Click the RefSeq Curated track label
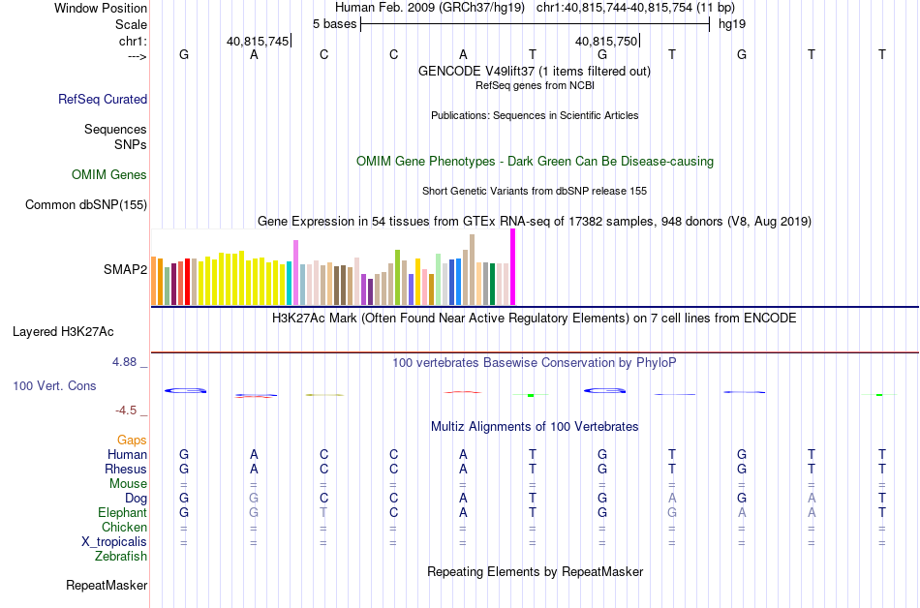(103, 99)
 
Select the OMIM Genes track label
(109, 175)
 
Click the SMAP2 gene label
(126, 269)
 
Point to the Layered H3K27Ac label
(63, 331)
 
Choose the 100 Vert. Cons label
(54, 385)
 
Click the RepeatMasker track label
(107, 585)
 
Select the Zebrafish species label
(121, 557)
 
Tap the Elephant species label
(122, 512)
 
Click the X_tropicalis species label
(114, 541)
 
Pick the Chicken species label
(124, 527)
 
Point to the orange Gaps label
(132, 440)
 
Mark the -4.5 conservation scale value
(127, 410)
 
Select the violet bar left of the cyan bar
(295, 272)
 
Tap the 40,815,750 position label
(606, 41)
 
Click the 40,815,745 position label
(258, 41)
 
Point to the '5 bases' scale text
(334, 22)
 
